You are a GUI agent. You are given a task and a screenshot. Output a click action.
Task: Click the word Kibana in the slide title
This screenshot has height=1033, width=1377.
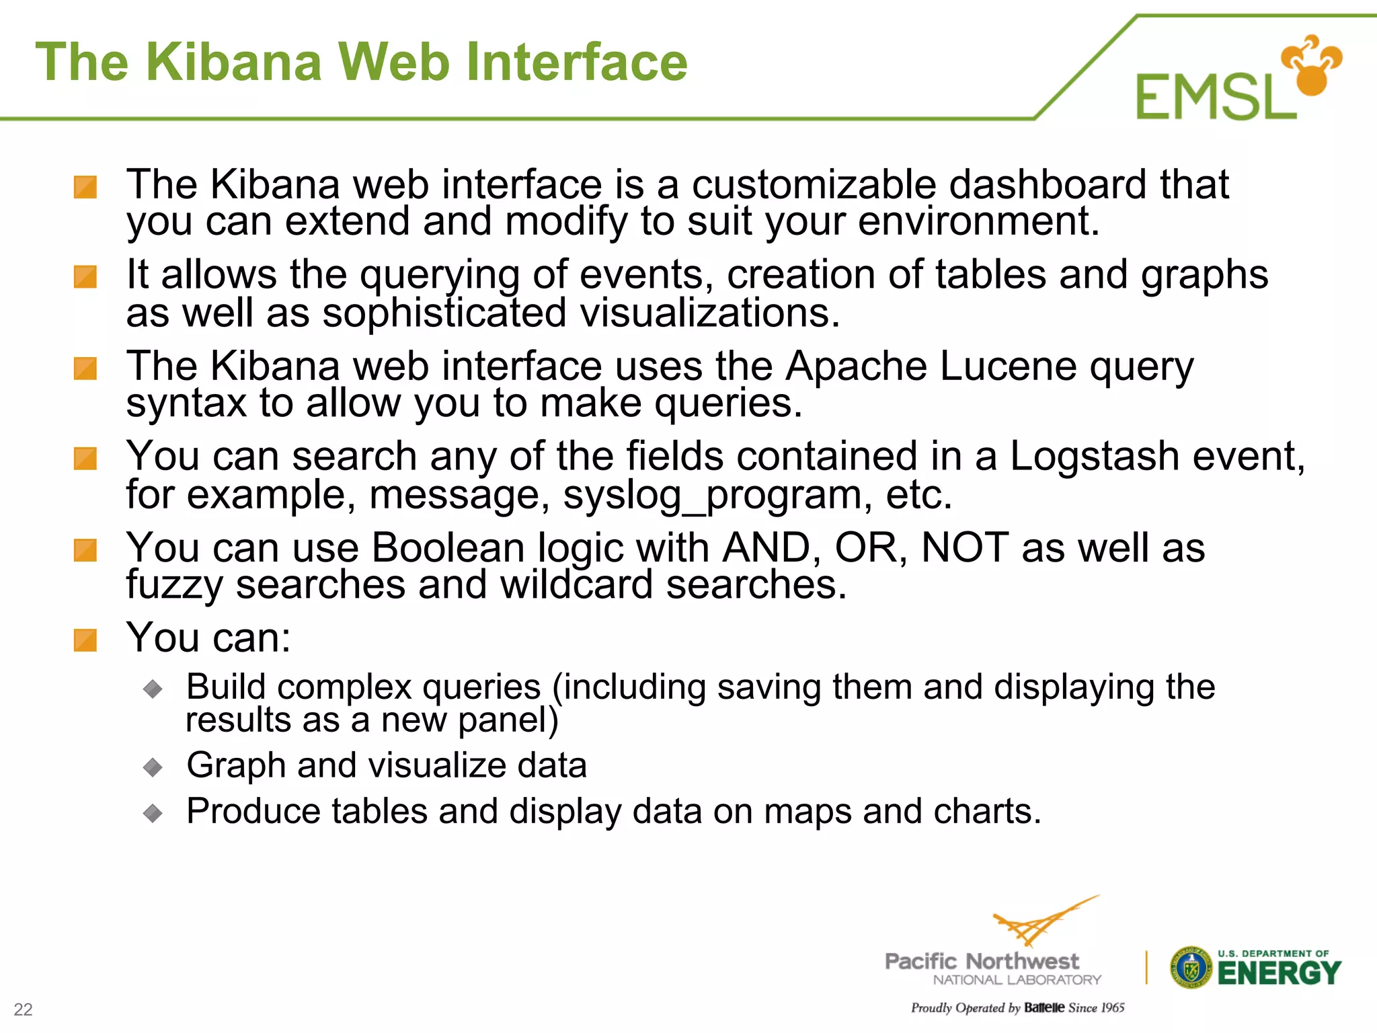tap(235, 62)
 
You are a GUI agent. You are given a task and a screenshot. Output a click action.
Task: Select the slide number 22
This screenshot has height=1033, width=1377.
tap(24, 1009)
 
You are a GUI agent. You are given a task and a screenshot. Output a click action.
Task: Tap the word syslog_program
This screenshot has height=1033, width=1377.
tap(713, 495)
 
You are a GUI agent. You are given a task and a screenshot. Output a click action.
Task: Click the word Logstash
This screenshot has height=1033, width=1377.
tap(1095, 456)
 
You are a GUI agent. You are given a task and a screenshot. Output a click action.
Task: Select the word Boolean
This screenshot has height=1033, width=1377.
tap(448, 547)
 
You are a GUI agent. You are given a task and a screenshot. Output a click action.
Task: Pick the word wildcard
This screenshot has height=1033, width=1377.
tap(576, 584)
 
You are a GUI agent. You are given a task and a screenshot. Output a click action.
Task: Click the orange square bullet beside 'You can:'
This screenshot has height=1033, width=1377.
tap(85, 640)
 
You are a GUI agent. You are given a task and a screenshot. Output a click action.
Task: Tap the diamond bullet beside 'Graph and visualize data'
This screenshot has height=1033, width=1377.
tap(153, 767)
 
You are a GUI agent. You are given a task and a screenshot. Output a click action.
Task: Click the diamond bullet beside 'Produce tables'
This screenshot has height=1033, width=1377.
tap(153, 813)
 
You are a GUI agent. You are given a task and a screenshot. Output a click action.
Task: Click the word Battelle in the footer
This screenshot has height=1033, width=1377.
tap(1044, 1007)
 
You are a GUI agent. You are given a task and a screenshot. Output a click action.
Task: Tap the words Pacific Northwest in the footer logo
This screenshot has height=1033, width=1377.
tap(982, 961)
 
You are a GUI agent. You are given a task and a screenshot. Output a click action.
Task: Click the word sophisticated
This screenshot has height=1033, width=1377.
tap(444, 313)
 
